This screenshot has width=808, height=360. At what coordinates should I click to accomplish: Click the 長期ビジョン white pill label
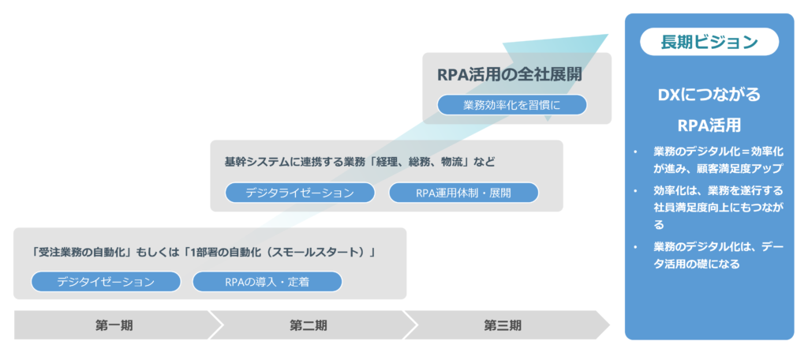point(709,42)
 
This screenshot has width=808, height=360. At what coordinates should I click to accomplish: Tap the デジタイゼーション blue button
point(106,282)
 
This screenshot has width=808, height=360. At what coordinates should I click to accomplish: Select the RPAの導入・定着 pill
point(267,282)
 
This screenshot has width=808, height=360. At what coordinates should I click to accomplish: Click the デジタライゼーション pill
point(300,193)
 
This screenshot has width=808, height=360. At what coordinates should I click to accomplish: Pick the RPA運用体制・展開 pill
point(463,193)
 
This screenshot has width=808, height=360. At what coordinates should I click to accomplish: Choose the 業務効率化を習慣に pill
point(511,105)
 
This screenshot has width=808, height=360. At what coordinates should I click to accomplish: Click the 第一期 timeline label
point(114,325)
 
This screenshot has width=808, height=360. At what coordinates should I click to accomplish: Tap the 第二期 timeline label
point(309,325)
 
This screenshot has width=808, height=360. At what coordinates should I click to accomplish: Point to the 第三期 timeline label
point(503,325)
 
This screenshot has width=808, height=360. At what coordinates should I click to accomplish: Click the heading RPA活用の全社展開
point(509,75)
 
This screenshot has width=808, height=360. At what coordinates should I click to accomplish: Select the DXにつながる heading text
point(709,95)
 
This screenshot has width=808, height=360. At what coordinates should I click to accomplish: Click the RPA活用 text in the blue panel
point(709,126)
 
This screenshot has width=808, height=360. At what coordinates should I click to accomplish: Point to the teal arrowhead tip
point(608,35)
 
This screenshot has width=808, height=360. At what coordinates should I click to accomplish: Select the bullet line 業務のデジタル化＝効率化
point(718,152)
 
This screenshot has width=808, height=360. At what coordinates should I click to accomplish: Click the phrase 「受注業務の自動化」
point(82,253)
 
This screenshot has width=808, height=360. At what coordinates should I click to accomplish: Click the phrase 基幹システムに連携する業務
point(283,162)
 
